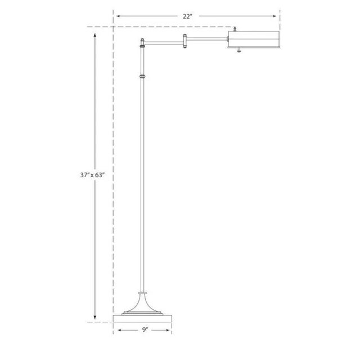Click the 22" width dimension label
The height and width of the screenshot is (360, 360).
tap(188, 16)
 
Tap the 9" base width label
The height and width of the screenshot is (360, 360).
tap(145, 330)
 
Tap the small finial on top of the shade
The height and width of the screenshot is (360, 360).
tap(235, 28)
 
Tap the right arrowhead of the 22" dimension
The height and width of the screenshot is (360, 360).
tap(277, 16)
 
